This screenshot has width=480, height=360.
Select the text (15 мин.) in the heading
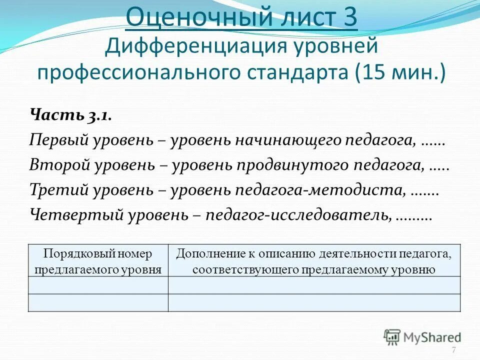click(400, 73)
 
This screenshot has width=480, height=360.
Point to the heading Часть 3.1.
click(70, 115)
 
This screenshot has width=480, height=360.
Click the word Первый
click(59, 140)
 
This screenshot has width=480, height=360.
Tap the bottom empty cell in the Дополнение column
click(314, 303)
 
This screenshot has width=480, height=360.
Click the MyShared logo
click(422, 337)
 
